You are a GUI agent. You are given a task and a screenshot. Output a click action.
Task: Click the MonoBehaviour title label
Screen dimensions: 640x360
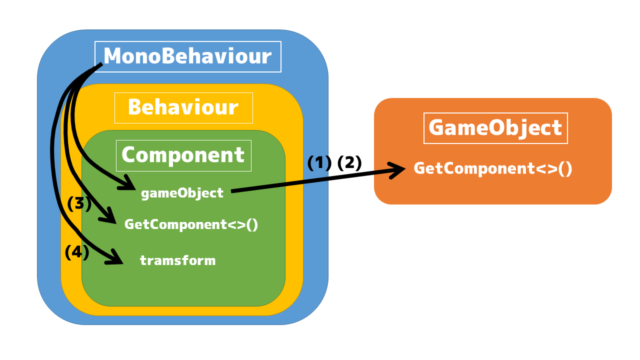pyautogui.click(x=187, y=56)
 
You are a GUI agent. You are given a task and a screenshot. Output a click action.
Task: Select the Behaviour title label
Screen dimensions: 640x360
pyautogui.click(x=183, y=107)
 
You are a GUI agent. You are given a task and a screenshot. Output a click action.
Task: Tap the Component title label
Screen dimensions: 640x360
pyautogui.click(x=183, y=155)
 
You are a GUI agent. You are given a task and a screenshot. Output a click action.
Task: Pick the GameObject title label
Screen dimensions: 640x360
pyautogui.click(x=495, y=128)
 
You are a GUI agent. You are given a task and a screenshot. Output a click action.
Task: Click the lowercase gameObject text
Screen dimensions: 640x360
pyautogui.click(x=182, y=193)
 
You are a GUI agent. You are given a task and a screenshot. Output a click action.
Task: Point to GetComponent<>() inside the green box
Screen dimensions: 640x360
pyautogui.click(x=191, y=224)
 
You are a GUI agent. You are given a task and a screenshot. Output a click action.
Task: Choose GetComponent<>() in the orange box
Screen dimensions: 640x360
pyautogui.click(x=493, y=168)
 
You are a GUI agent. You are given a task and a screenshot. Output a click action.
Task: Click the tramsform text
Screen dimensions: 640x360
pyautogui.click(x=177, y=260)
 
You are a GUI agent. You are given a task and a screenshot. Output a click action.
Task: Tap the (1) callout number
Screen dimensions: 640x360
pyautogui.click(x=319, y=163)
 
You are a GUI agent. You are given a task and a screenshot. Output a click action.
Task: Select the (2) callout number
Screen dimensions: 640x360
pyautogui.click(x=349, y=163)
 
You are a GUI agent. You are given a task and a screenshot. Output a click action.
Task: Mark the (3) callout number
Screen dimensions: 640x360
pyautogui.click(x=79, y=203)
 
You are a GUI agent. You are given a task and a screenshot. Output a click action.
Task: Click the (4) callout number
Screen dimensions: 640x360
pyautogui.click(x=77, y=252)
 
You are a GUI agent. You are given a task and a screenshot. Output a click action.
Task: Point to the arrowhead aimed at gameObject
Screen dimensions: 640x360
pyautogui.click(x=128, y=183)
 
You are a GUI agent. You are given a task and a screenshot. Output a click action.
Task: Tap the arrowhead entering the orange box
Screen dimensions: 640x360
pyautogui.click(x=397, y=170)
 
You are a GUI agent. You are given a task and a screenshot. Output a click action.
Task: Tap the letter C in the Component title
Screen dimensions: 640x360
pyautogui.click(x=128, y=155)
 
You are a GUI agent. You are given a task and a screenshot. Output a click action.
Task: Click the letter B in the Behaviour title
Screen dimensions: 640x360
pyautogui.click(x=134, y=107)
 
